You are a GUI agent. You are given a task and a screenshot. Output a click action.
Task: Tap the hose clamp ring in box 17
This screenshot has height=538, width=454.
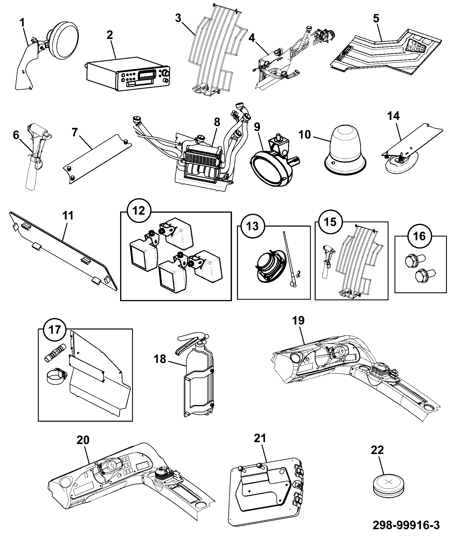pos(56,376)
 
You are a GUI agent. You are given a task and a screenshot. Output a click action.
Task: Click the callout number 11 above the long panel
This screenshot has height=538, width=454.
pos(67,215)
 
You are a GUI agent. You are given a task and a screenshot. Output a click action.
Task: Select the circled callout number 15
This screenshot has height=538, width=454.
pos(330,222)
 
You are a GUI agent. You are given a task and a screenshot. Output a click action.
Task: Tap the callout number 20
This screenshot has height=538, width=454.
pos(83,440)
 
